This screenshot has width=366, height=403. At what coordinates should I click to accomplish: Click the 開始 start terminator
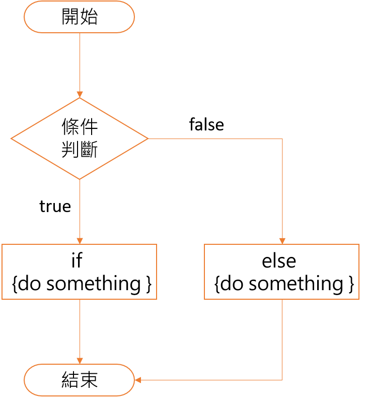pyautogui.click(x=79, y=17)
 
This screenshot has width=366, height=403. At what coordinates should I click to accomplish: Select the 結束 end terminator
pyautogui.click(x=79, y=380)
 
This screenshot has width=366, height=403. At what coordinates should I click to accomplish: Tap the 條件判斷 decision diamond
pyautogui.click(x=80, y=138)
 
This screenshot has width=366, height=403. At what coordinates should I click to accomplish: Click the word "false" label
pyautogui.click(x=206, y=124)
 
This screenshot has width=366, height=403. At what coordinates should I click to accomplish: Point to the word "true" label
pyautogui.click(x=55, y=207)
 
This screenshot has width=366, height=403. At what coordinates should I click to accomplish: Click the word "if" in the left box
pyautogui.click(x=77, y=260)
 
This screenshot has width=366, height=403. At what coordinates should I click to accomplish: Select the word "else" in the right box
pyautogui.click(x=279, y=261)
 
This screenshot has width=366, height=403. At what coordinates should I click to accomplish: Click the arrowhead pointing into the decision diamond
pyautogui.click(x=80, y=95)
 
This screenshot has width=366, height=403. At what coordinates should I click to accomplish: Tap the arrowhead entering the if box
pyautogui.click(x=80, y=240)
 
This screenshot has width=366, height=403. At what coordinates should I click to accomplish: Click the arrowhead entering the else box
pyautogui.click(x=282, y=240)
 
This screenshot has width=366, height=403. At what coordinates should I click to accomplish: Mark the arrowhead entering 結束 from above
pyautogui.click(x=80, y=361)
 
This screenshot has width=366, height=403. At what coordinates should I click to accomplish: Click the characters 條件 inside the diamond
pyautogui.click(x=80, y=126)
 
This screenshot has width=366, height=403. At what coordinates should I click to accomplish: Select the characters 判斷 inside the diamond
pyautogui.click(x=80, y=150)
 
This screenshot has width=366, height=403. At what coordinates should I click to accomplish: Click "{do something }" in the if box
pyautogui.click(x=81, y=284)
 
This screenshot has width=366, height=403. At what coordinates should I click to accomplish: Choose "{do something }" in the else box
pyautogui.click(x=283, y=284)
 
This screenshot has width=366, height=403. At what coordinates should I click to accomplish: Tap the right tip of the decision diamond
pyautogui.click(x=148, y=139)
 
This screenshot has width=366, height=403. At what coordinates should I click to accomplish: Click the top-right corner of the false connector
pyautogui.click(x=282, y=139)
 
